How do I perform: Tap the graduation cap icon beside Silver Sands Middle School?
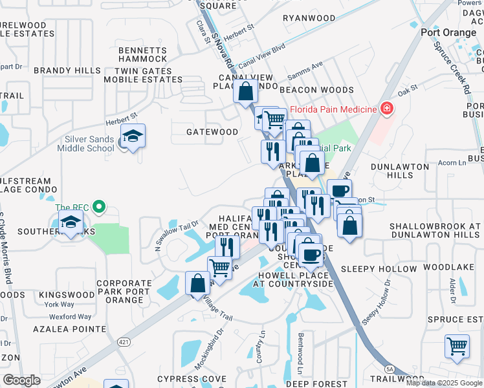click(133, 136)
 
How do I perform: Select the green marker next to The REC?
click(98, 208)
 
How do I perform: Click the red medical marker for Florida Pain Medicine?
click(387, 109)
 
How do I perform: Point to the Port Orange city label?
click(448, 32)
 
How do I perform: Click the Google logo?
click(21, 380)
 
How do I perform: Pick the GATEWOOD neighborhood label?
click(212, 132)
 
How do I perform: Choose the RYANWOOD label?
click(309, 18)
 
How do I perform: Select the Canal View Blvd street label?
click(261, 57)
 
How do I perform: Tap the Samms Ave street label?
click(308, 67)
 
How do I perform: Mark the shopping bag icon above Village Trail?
click(197, 283)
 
